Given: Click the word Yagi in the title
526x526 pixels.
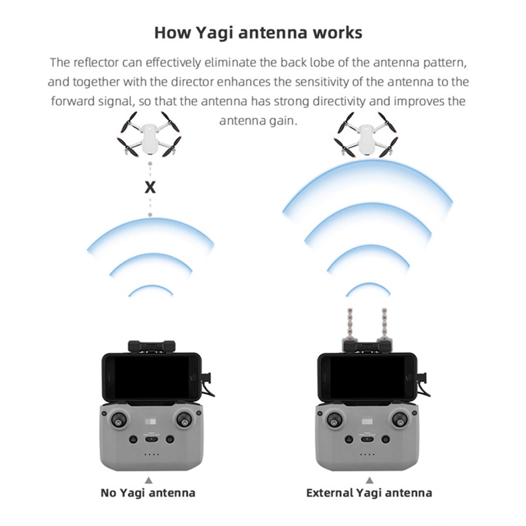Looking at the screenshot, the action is [x=214, y=33].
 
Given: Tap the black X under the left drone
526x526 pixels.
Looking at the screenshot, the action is [x=150, y=188].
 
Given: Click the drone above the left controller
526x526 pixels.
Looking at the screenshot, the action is [x=149, y=134].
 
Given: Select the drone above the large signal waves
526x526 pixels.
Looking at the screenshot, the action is [x=365, y=135].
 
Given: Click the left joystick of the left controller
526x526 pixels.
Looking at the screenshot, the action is [x=119, y=419].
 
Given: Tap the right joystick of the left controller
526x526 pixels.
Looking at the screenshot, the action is [x=184, y=419].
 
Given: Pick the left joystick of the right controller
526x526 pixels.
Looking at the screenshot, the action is [x=335, y=419].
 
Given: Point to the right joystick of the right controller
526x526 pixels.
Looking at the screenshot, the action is [x=400, y=419].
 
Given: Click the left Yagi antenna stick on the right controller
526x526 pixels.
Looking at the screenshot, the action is [x=349, y=325].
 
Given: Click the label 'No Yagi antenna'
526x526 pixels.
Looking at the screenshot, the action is [x=148, y=493].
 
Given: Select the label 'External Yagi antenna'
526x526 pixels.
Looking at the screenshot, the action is [x=369, y=493].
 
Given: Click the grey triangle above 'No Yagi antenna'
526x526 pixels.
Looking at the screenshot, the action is [x=148, y=480].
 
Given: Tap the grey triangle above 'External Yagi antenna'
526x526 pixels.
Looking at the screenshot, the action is [x=369, y=480].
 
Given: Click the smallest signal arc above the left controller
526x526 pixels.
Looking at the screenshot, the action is [x=151, y=287].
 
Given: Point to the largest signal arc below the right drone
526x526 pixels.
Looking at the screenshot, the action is [x=368, y=164].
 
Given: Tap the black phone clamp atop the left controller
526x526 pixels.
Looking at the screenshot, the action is [x=151, y=346].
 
